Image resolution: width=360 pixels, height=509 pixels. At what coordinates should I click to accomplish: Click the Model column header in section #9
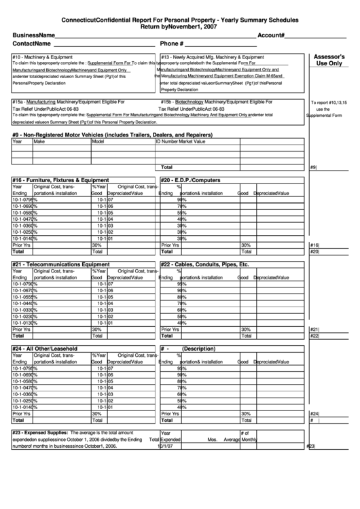[98, 142]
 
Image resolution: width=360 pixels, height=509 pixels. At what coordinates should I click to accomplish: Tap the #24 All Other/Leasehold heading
[45, 348]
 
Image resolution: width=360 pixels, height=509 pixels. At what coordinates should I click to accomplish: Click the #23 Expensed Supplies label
[40, 432]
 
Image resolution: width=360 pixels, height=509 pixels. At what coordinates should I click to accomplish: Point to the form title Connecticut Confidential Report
[179, 21]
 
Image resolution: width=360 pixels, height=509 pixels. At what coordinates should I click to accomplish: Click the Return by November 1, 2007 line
[179, 28]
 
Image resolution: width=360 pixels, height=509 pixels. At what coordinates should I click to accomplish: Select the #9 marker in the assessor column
[313, 167]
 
